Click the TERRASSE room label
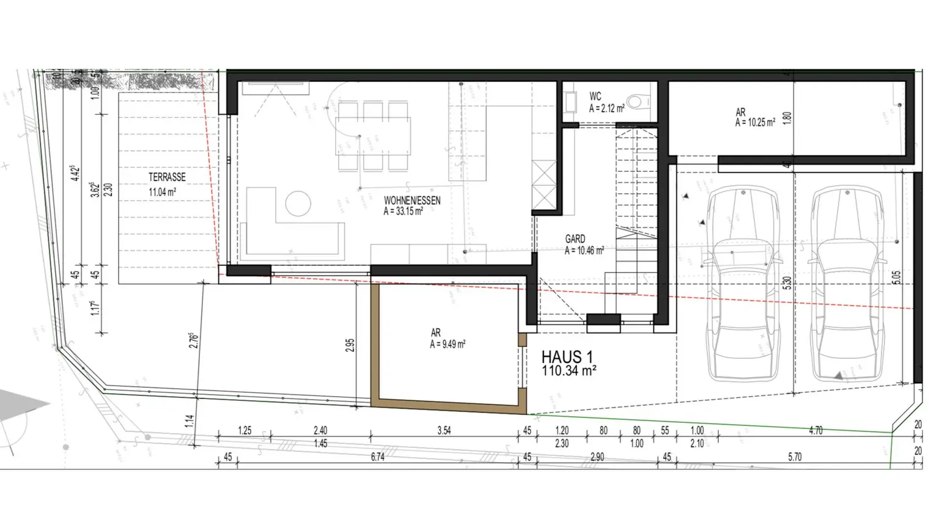pos(167,177)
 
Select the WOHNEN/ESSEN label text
pos(412,200)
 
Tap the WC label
pos(595,97)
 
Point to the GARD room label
pos(575,239)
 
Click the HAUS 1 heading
pos(567,357)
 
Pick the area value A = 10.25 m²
pos(755,123)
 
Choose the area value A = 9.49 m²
pos(447,345)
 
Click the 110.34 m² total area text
pos(569,370)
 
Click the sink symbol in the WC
pos(571,102)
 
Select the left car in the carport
pos(742,284)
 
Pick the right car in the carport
pos(847,284)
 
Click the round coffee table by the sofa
pos(298,204)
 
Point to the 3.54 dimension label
pos(444,430)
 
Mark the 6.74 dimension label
pos(378,457)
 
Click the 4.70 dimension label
pos(816,430)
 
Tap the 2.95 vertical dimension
pos(350,346)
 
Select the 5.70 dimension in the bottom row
pos(794,457)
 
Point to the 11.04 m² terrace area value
pos(163,192)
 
